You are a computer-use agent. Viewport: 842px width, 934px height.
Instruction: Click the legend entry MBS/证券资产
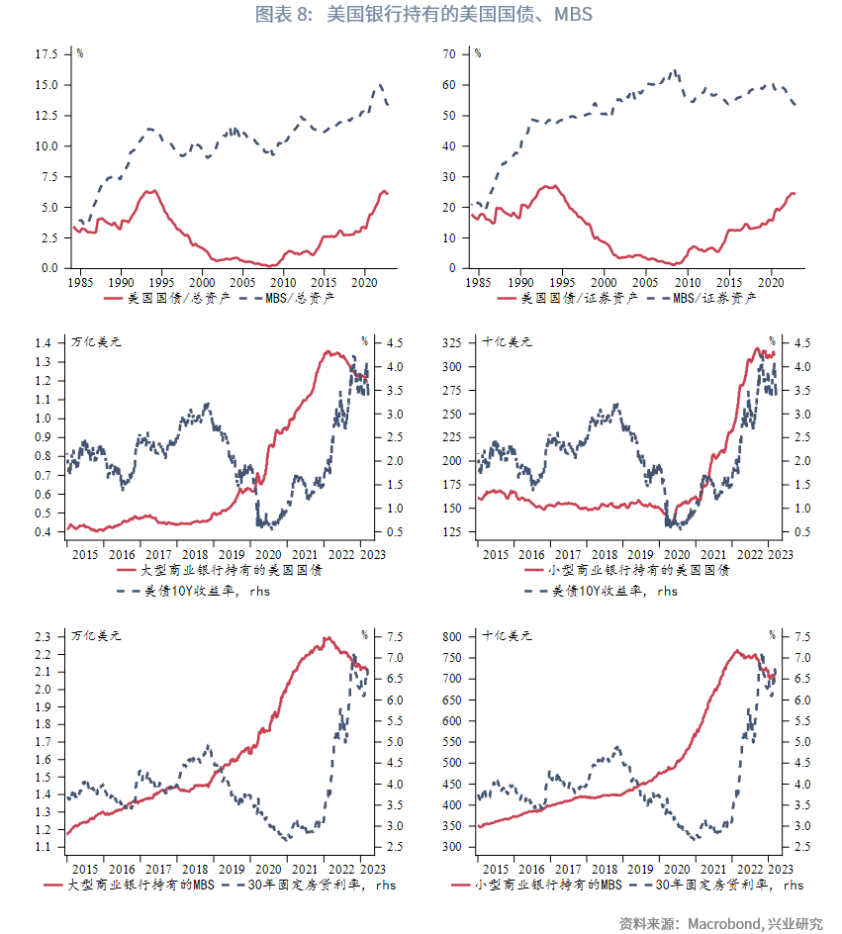click(x=714, y=297)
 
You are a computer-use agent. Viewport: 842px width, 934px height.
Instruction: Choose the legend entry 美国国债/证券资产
click(x=579, y=297)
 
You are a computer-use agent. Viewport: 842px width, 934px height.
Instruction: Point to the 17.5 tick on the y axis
click(x=47, y=54)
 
